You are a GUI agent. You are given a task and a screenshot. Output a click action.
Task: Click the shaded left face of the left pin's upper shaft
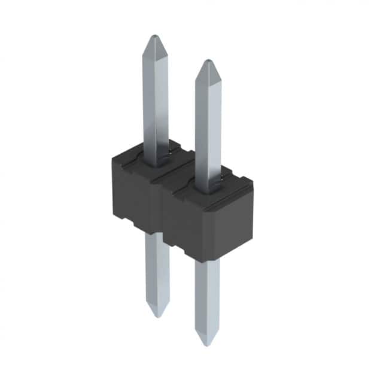[149, 96]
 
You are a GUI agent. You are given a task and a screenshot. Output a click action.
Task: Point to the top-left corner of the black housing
[113, 157]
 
